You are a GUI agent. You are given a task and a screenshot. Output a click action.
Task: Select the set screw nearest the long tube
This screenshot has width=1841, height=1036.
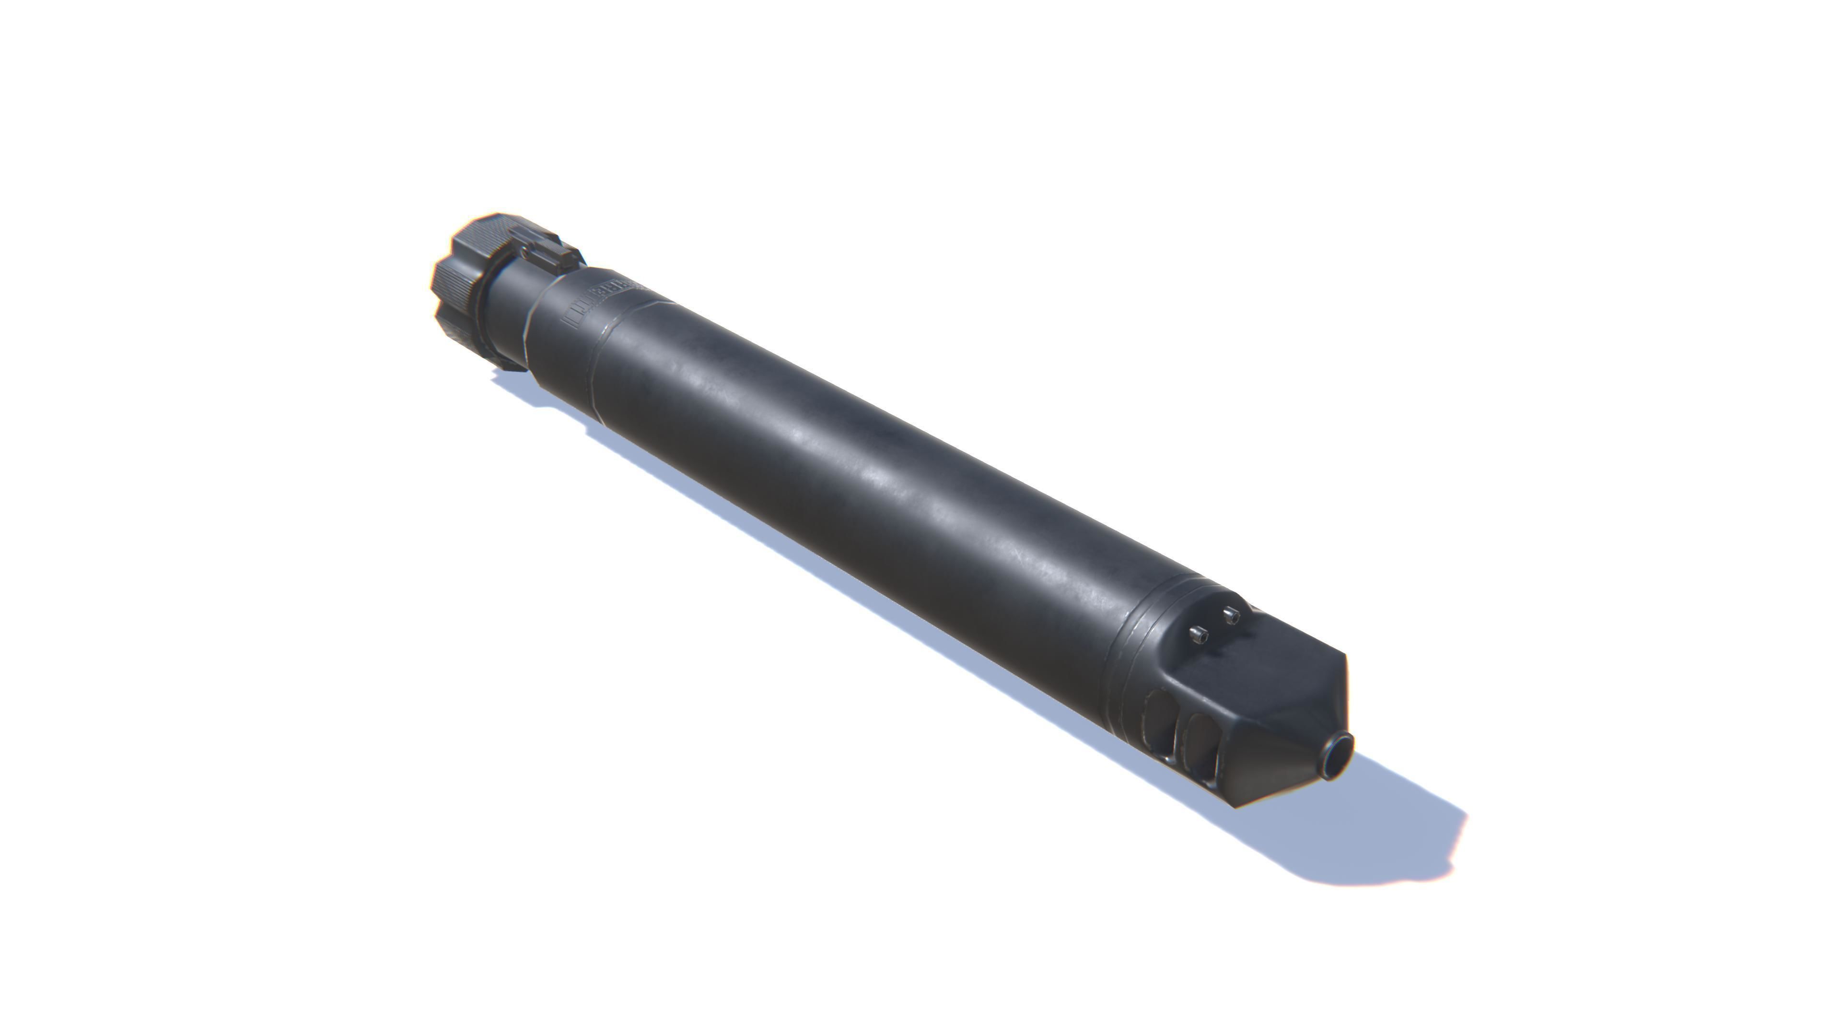point(1198,634)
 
